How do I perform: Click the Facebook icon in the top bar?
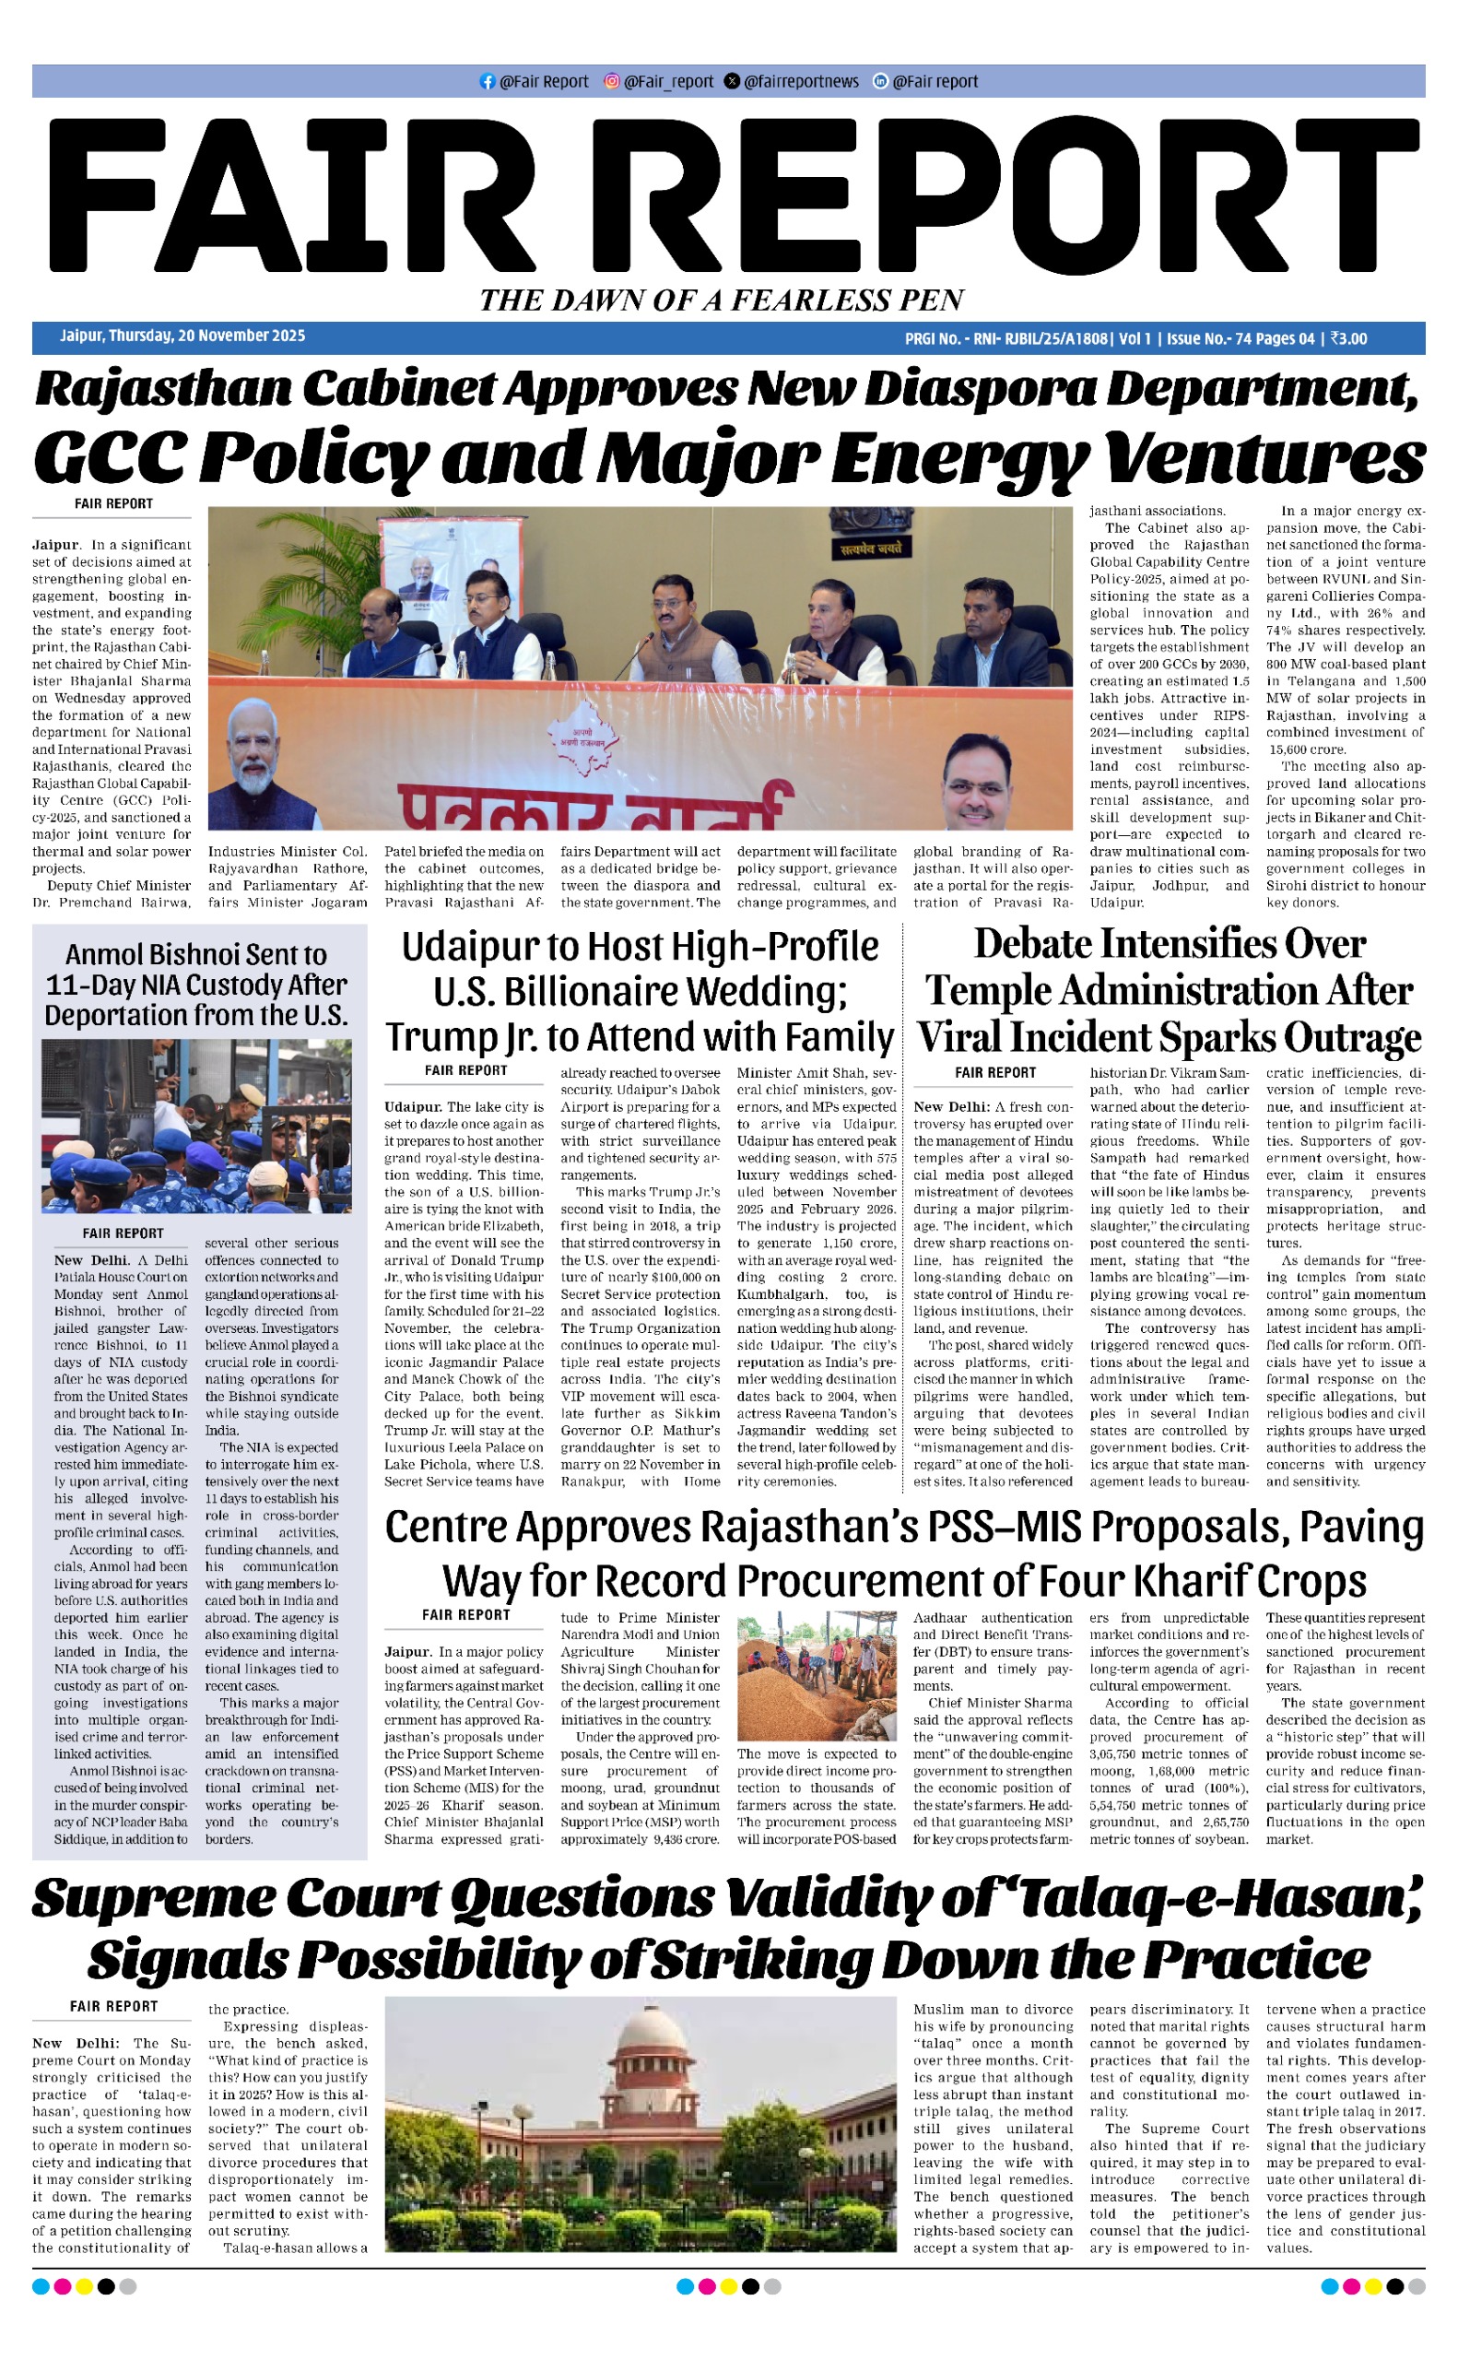pyautogui.click(x=487, y=82)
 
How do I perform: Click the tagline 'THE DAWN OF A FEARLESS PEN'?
pyautogui.click(x=723, y=300)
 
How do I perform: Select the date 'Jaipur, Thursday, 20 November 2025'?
pyautogui.click(x=182, y=336)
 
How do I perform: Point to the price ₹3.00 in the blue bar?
pyautogui.click(x=1348, y=338)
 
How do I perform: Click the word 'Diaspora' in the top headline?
pyautogui.click(x=979, y=388)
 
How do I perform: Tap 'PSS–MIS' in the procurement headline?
pyautogui.click(x=1003, y=1527)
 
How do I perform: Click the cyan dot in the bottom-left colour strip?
pyautogui.click(x=41, y=2286)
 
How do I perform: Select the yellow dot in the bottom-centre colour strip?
pyautogui.click(x=728, y=2286)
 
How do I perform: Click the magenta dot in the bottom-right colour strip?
pyautogui.click(x=1351, y=2286)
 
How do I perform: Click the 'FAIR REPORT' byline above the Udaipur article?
pyautogui.click(x=465, y=1070)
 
